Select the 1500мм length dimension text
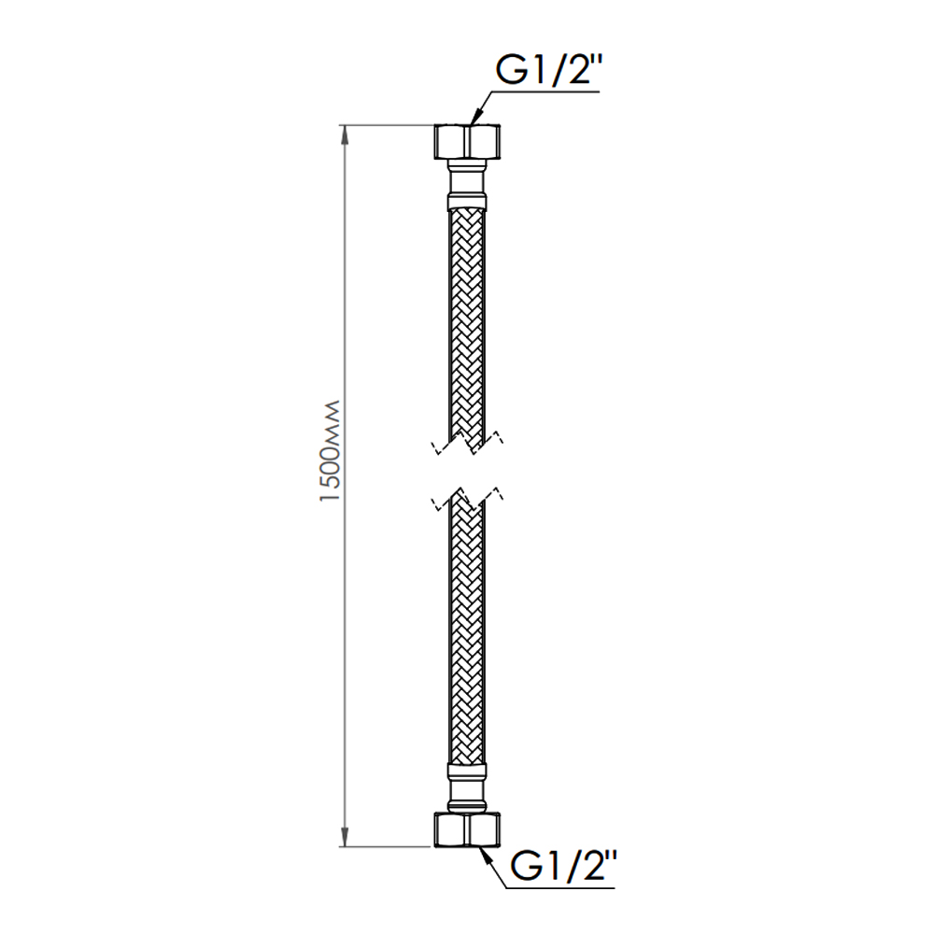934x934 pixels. pos(330,451)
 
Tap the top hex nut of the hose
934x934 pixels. pos(467,141)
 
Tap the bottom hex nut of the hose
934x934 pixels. pos(467,828)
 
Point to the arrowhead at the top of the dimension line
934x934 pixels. pos(345,134)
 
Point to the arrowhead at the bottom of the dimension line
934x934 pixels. pos(345,837)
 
